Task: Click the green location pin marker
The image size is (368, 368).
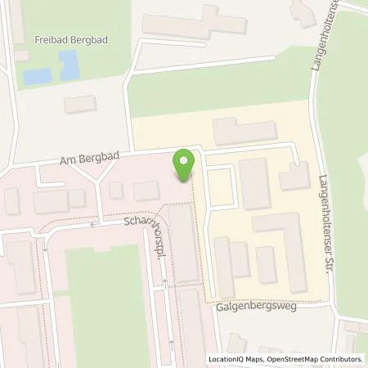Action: click(x=185, y=164)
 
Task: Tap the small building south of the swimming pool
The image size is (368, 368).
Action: click(x=80, y=104)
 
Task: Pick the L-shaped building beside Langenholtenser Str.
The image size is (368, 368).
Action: click(x=294, y=175)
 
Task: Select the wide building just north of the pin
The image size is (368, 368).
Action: click(x=244, y=130)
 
